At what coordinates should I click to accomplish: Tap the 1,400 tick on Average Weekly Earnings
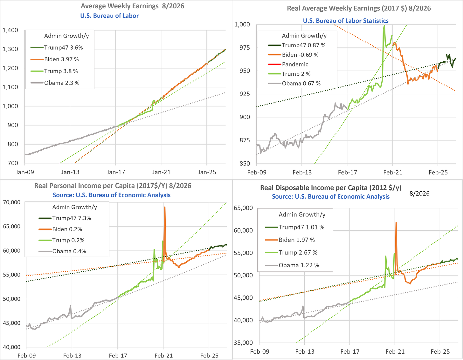point(10,30)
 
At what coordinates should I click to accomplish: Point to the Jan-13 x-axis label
point(70,172)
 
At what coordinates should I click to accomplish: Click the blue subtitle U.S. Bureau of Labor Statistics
point(346,21)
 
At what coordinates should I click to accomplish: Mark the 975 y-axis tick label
point(245,47)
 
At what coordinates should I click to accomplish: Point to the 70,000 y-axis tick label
point(12,202)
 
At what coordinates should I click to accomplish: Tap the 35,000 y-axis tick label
point(243,343)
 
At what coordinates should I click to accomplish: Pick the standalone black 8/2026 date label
point(419,193)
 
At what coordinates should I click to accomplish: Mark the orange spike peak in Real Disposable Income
point(396,223)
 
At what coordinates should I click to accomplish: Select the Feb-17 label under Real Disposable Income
point(350,351)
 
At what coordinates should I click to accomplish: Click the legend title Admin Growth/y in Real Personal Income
point(75,207)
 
